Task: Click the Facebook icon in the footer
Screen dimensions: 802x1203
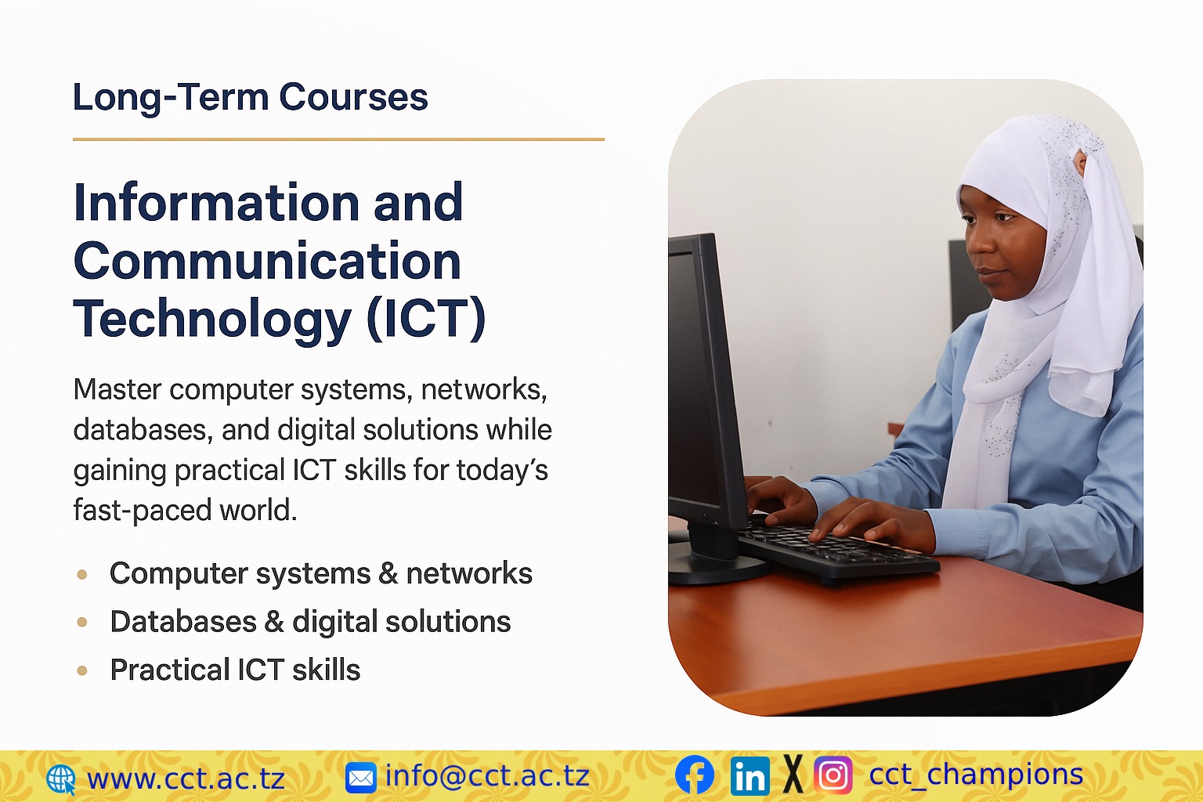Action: [695, 775]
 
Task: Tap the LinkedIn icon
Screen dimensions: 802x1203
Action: [750, 776]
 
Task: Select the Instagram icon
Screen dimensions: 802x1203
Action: [833, 775]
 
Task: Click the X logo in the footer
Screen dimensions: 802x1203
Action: [793, 775]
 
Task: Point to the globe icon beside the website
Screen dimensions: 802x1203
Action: [60, 779]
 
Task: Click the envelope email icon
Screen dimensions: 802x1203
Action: [360, 778]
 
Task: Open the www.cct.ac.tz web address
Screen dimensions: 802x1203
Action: [186, 779]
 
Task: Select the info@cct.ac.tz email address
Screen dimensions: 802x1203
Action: [487, 776]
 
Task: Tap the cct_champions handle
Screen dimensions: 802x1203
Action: [976, 775]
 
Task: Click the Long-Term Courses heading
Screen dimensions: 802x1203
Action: [250, 98]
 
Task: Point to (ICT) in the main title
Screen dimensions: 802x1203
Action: [425, 319]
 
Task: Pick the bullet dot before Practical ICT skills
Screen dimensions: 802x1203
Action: [82, 670]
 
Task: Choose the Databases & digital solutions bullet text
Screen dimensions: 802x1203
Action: [310, 622]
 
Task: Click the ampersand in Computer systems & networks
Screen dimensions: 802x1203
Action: [388, 574]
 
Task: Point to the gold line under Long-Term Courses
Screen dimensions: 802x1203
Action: [338, 139]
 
